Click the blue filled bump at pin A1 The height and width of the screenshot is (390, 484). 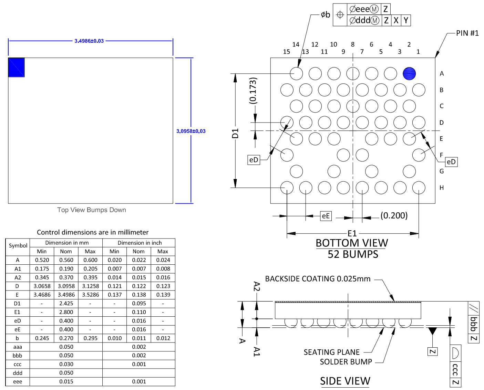[409, 73]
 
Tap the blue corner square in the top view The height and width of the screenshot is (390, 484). [17, 67]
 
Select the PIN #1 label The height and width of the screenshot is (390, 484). [467, 33]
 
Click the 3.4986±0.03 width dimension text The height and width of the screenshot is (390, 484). [89, 41]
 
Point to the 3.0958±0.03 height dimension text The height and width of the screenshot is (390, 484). [191, 131]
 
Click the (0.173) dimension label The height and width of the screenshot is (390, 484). [253, 91]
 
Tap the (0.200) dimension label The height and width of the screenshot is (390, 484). [394, 216]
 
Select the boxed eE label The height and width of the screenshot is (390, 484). [326, 216]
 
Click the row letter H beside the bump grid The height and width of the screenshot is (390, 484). [442, 188]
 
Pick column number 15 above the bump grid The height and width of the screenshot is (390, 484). [286, 52]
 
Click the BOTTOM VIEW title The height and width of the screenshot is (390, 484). [352, 243]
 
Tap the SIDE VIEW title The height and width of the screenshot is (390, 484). [345, 381]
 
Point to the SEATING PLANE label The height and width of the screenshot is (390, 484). [331, 352]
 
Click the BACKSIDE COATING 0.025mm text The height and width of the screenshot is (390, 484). [318, 279]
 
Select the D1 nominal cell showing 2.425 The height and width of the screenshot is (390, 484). [66, 304]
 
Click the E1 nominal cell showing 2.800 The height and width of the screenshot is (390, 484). [66, 312]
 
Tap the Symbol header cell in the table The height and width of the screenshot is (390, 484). [18, 246]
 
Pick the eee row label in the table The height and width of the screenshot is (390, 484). [18, 382]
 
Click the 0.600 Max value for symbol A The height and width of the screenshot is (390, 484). [90, 260]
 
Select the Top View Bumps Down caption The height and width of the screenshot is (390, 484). [92, 210]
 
